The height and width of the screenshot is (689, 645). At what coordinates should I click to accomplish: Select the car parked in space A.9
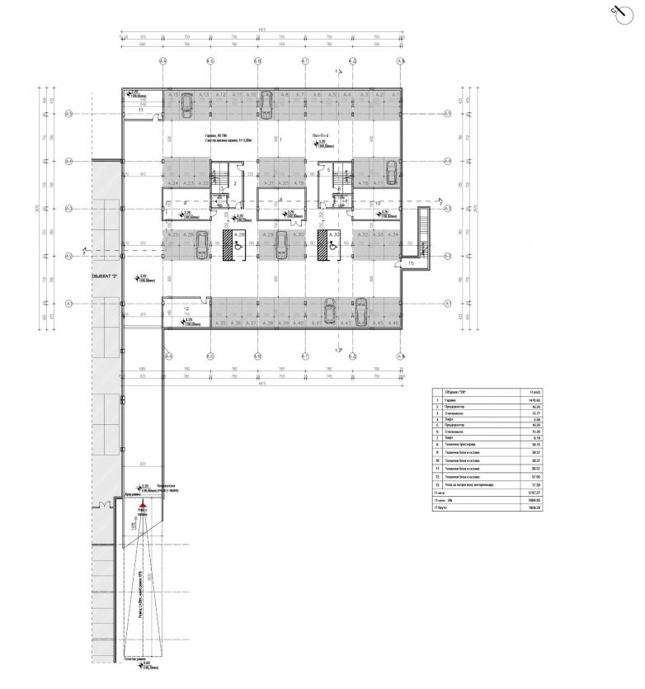pyautogui.click(x=264, y=101)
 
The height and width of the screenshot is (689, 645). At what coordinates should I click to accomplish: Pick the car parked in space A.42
pyautogui.click(x=328, y=313)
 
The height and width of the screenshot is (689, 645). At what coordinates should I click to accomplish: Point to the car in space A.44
pyautogui.click(x=359, y=313)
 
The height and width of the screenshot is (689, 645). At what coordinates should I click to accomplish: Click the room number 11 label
pyautogui.click(x=141, y=109)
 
